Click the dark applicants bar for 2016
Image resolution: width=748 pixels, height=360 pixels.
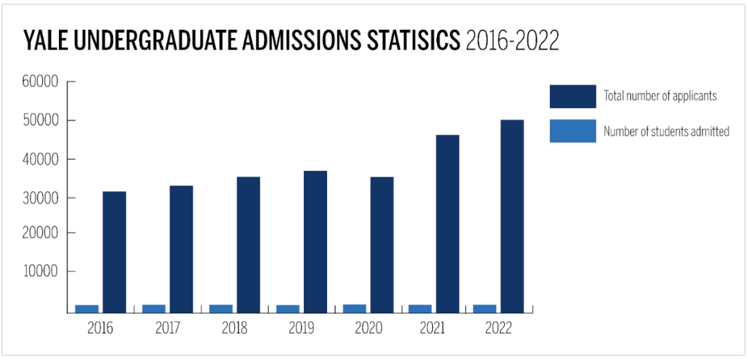coord(114,252)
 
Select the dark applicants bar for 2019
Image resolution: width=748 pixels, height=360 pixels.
coord(315,242)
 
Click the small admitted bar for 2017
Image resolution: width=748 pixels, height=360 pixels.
coord(154,309)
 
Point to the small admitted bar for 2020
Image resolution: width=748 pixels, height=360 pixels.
coord(355,309)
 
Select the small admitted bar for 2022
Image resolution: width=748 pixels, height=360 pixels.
coord(485,309)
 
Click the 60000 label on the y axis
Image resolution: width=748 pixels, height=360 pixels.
coord(41,82)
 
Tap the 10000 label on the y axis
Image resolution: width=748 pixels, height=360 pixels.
coord(41,271)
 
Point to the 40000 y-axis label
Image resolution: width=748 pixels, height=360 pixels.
coord(41,159)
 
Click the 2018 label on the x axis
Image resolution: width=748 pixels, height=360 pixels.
coord(235,328)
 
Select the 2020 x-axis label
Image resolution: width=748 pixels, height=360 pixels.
coord(368,328)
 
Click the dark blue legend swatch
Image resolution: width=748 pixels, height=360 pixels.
coord(573,96)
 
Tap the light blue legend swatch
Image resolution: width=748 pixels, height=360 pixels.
coord(573,131)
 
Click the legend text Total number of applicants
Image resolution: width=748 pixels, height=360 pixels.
coord(660,96)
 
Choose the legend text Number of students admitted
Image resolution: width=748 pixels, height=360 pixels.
coord(666,131)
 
